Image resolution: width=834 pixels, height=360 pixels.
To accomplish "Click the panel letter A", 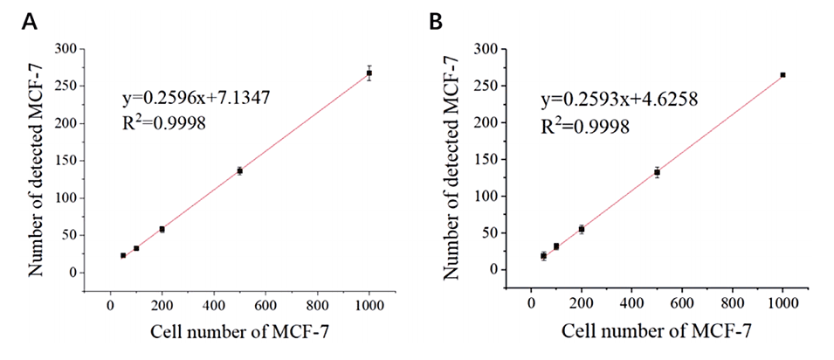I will pyautogui.click(x=28, y=22).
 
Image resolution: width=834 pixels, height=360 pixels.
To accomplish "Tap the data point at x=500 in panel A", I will pyautogui.click(x=239, y=170).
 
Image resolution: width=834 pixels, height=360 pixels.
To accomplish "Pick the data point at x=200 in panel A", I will pyautogui.click(x=162, y=229).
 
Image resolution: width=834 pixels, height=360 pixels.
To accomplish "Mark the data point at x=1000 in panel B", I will pyautogui.click(x=782, y=75).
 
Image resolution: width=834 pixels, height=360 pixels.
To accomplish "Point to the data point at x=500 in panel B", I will pyautogui.click(x=657, y=172).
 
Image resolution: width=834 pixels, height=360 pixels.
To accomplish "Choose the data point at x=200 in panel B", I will pyautogui.click(x=582, y=229).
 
